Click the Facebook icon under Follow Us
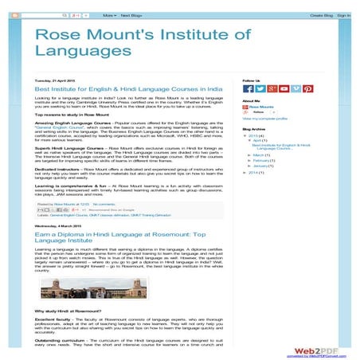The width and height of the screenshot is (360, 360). pyautogui.click(x=247, y=89)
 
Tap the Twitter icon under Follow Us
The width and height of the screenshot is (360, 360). pyautogui.click(x=259, y=89)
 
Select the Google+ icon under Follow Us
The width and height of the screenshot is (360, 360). pyautogui.click(x=271, y=89)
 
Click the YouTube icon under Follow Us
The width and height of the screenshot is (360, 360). pyautogui.click(x=283, y=89)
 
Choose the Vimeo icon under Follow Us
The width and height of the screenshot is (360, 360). pyautogui.click(x=295, y=89)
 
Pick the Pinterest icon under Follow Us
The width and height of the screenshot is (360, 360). pyautogui.click(x=307, y=89)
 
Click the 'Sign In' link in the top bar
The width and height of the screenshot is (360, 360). pyautogui.click(x=343, y=14)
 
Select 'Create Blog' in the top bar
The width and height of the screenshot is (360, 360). pyautogui.click(x=321, y=14)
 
